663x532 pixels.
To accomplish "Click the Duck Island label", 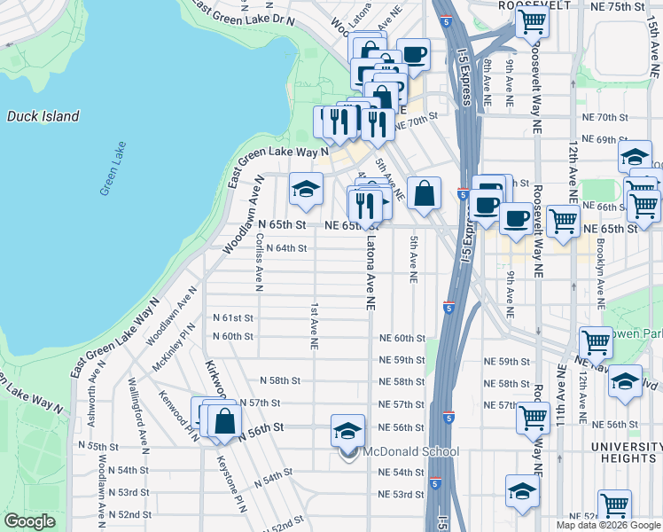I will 43,116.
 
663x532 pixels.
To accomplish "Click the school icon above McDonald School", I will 347,431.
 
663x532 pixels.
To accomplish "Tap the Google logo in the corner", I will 29,521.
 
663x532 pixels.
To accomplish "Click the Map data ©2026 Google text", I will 607,525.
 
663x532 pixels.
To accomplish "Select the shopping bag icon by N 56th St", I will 224,420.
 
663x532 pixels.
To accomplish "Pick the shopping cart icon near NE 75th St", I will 532,21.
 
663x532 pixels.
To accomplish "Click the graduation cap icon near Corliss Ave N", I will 306,189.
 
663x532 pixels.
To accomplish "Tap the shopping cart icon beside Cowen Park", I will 596,342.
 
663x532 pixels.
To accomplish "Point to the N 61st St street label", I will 233,317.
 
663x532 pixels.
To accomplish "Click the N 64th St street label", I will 286,248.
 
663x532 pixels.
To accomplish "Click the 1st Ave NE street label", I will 314,326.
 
